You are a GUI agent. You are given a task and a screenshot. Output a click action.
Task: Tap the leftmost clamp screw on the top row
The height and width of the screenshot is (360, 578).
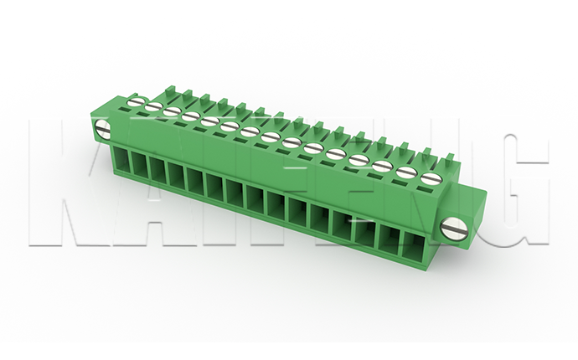click(x=134, y=100)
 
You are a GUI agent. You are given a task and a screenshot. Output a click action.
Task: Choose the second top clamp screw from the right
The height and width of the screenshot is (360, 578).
click(x=405, y=172)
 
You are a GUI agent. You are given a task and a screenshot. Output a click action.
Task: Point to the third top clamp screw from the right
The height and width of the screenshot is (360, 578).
click(x=381, y=166)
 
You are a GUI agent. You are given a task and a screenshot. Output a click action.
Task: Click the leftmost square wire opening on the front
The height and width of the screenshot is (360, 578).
click(x=120, y=160)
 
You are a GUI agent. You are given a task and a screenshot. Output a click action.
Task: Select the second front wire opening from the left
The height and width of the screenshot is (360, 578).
click(x=138, y=164)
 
